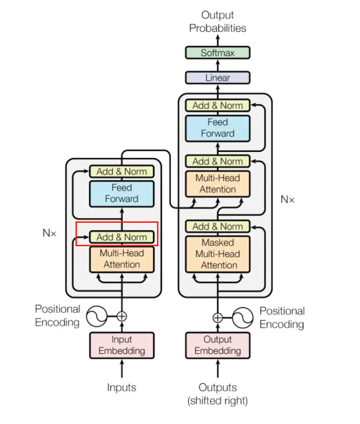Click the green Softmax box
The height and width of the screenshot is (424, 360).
(x=217, y=53)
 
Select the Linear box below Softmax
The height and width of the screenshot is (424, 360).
(x=217, y=78)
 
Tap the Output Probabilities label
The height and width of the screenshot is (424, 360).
(x=217, y=22)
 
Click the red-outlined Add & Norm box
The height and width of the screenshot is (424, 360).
(x=121, y=237)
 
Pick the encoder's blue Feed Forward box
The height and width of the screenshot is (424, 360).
(x=121, y=193)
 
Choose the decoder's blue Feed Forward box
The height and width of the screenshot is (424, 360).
(x=217, y=128)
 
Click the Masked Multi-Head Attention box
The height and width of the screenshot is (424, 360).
(x=217, y=254)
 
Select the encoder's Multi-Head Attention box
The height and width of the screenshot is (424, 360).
(x=121, y=259)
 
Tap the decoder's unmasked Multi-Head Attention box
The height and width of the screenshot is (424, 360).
(x=217, y=184)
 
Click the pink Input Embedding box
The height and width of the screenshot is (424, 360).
(x=121, y=345)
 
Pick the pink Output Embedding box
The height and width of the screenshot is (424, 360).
(x=217, y=345)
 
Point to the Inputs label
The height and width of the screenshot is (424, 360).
(x=121, y=387)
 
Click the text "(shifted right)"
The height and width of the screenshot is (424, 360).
(x=217, y=401)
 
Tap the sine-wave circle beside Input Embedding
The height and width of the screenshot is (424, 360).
(x=97, y=316)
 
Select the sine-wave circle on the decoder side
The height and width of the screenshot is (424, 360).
(x=243, y=318)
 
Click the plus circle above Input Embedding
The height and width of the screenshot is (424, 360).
(x=121, y=316)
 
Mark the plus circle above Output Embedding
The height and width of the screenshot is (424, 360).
(x=217, y=318)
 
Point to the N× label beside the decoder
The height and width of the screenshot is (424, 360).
(x=287, y=199)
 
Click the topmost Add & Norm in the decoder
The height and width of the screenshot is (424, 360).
(x=217, y=106)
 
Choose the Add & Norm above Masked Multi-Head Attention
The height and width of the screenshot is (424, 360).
(x=217, y=227)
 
